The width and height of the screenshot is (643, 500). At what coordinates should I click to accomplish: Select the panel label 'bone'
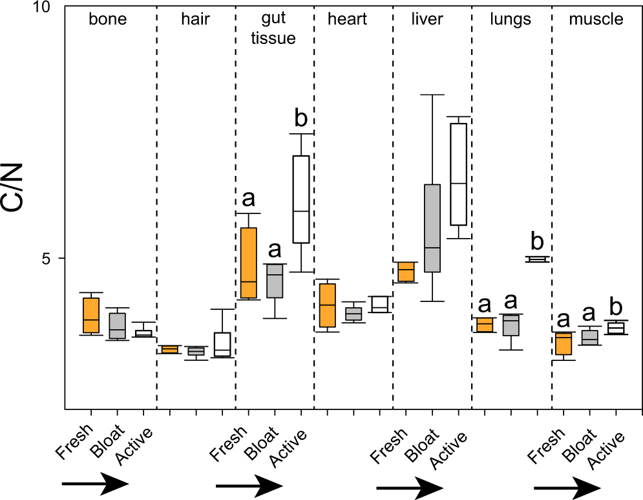pyautogui.click(x=107, y=19)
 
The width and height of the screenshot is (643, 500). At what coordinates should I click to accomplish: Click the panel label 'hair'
pyautogui.click(x=195, y=19)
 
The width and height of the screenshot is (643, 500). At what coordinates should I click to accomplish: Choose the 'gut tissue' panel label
pyautogui.click(x=275, y=29)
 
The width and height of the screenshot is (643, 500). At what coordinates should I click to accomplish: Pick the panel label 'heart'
pyautogui.click(x=347, y=19)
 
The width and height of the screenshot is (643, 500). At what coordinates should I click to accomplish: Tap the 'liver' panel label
pyautogui.click(x=427, y=19)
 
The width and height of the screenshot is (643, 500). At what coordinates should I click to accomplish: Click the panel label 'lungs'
pyautogui.click(x=511, y=19)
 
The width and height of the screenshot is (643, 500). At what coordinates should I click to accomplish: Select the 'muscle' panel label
pyautogui.click(x=596, y=19)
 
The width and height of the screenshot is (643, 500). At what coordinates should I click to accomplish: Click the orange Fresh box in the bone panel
pyautogui.click(x=91, y=315)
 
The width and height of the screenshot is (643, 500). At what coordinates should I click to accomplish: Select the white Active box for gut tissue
pyautogui.click(x=301, y=199)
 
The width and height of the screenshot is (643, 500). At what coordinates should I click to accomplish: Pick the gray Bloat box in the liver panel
pyautogui.click(x=432, y=228)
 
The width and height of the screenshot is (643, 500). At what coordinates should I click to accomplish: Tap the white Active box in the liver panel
pyautogui.click(x=459, y=174)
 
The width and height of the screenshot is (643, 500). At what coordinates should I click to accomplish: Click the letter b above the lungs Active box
pyautogui.click(x=537, y=241)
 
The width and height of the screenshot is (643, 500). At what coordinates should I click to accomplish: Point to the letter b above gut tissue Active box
pyautogui.click(x=301, y=118)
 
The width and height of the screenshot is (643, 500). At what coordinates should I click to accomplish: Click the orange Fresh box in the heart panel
pyautogui.click(x=328, y=305)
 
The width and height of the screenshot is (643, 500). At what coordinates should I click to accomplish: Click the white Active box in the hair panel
pyautogui.click(x=223, y=344)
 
